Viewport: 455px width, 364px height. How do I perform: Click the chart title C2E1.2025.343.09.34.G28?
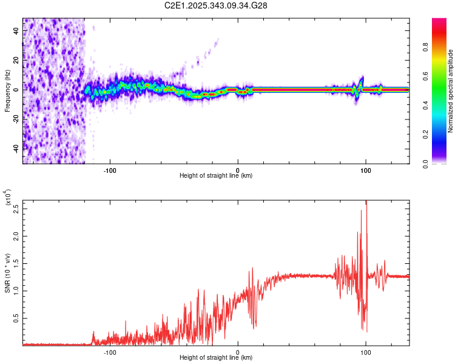pyautogui.click(x=217, y=5)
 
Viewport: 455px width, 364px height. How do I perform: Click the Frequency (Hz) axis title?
pyautogui.click(x=8, y=90)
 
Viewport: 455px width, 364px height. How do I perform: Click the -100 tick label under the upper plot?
pyautogui.click(x=110, y=170)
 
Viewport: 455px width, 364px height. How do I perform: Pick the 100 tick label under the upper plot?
pyautogui.click(x=365, y=170)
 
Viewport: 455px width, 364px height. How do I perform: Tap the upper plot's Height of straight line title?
pyautogui.click(x=216, y=176)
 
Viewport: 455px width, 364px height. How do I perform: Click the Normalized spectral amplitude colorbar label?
pyautogui.click(x=451, y=91)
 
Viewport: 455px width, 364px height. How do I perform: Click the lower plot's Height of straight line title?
pyautogui.click(x=216, y=358)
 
